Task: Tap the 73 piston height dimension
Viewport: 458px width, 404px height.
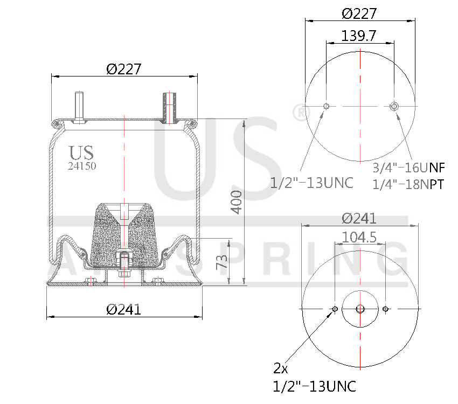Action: (x=221, y=262)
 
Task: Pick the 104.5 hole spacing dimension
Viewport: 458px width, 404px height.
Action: (x=359, y=237)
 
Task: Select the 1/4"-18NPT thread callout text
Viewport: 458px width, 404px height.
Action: (x=408, y=184)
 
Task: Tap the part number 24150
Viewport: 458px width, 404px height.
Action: (x=82, y=166)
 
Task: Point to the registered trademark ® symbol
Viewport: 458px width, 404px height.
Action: (x=299, y=113)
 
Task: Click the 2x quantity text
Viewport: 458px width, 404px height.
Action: (x=281, y=368)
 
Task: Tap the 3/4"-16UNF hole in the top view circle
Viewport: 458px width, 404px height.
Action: (x=394, y=106)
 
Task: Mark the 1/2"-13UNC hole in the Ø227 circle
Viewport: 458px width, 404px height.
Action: (x=325, y=106)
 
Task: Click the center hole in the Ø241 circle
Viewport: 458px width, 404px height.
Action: (x=360, y=309)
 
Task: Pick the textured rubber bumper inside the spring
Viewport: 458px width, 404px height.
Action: (x=124, y=232)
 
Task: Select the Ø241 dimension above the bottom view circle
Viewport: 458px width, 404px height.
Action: (x=359, y=219)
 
